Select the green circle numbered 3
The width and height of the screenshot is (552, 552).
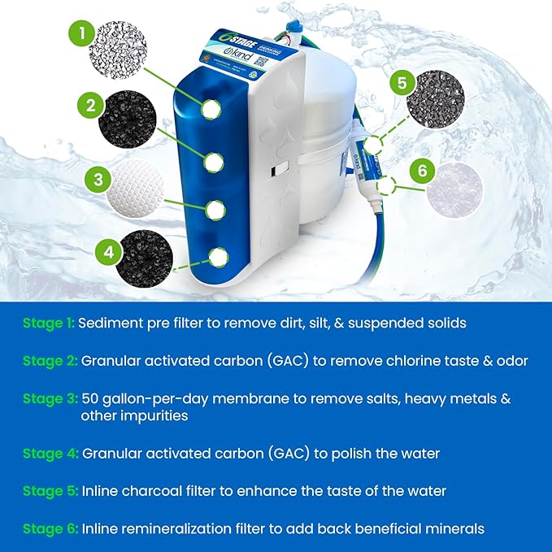[98, 179]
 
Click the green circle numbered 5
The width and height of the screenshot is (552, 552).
[400, 84]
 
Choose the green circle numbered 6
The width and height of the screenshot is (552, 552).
[421, 172]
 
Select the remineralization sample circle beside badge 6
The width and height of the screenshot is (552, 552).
[453, 189]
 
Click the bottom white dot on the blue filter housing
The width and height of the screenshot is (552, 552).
[218, 258]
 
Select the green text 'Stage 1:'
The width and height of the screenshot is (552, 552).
[50, 323]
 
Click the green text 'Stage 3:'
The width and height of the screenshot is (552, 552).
[50, 399]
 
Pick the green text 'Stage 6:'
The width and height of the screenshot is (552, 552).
[50, 529]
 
